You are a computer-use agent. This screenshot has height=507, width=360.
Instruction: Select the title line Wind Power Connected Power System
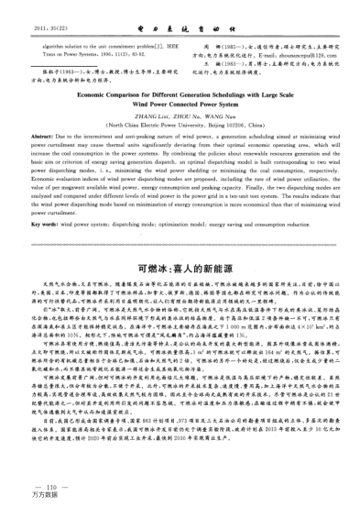180,102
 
